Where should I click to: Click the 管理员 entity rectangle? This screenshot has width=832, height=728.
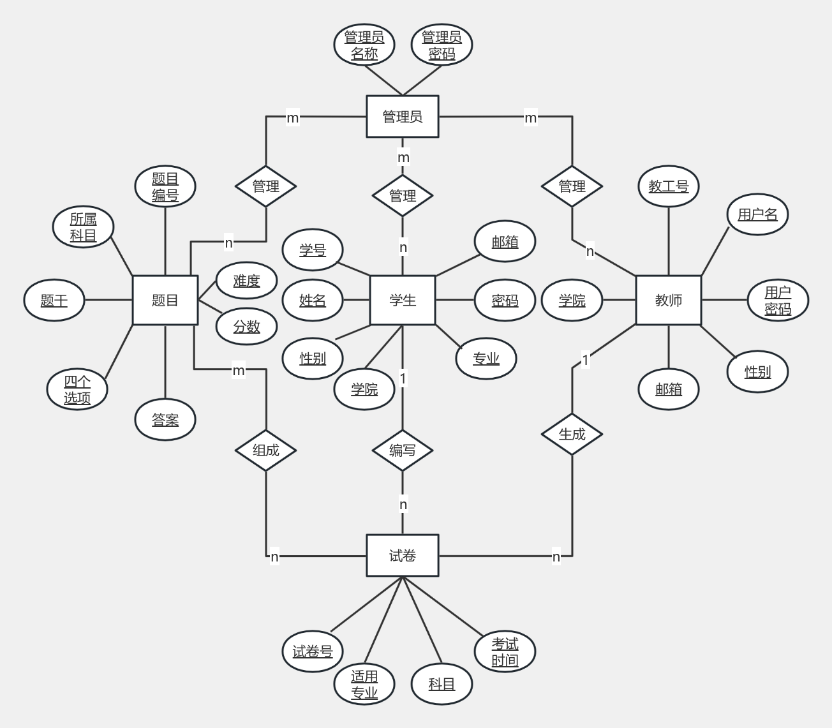(402, 117)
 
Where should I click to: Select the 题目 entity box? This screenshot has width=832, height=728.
(165, 301)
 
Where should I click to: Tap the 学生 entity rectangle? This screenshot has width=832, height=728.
(402, 301)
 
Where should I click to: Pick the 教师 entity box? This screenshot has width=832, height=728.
(668, 301)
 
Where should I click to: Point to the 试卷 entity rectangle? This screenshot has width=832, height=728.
(402, 556)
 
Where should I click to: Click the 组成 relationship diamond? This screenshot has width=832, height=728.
(265, 450)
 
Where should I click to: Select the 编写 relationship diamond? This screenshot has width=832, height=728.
(402, 450)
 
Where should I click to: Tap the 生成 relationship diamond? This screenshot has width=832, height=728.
(572, 434)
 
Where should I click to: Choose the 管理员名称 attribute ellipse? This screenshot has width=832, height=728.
(364, 45)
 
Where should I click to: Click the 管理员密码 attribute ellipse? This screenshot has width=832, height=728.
(442, 45)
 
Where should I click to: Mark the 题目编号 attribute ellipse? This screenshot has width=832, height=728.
(165, 187)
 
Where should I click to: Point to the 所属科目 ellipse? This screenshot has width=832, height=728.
(83, 227)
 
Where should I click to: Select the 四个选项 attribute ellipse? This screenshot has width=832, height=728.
(77, 389)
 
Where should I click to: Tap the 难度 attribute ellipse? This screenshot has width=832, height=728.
(246, 281)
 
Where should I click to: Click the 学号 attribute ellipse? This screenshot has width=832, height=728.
(313, 250)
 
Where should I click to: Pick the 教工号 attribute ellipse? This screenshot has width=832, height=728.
(669, 186)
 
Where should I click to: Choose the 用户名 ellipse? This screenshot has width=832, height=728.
(757, 214)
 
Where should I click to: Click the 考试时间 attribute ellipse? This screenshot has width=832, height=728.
(505, 651)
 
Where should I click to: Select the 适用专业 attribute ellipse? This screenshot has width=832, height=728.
(364, 684)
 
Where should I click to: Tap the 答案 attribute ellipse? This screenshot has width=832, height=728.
(165, 420)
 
